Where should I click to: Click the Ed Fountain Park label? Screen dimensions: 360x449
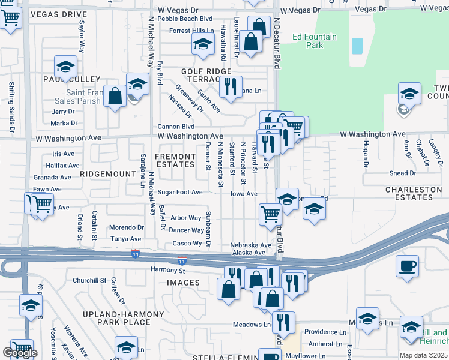(x=315, y=41)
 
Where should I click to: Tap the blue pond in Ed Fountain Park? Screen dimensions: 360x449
(x=357, y=46)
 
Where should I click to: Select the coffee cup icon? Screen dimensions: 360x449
(x=407, y=265)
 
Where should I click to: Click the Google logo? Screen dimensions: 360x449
(x=20, y=353)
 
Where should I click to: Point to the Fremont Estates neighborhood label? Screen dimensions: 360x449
(x=175, y=160)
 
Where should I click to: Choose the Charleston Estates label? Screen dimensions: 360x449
(x=414, y=194)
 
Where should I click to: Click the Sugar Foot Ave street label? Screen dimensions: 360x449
(x=180, y=193)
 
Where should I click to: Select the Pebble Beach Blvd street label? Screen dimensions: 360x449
(x=185, y=19)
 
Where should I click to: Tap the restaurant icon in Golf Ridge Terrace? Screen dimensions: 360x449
(x=231, y=86)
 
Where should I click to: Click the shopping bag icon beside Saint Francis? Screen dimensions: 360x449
(x=114, y=95)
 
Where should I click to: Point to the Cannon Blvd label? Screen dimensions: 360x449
(x=176, y=127)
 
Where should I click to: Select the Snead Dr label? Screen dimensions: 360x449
(x=402, y=173)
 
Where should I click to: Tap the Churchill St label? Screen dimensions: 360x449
(x=89, y=280)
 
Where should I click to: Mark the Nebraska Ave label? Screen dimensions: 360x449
(x=250, y=245)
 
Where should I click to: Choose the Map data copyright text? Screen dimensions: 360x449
(x=423, y=355)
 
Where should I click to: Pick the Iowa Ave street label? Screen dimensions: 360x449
(x=244, y=194)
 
